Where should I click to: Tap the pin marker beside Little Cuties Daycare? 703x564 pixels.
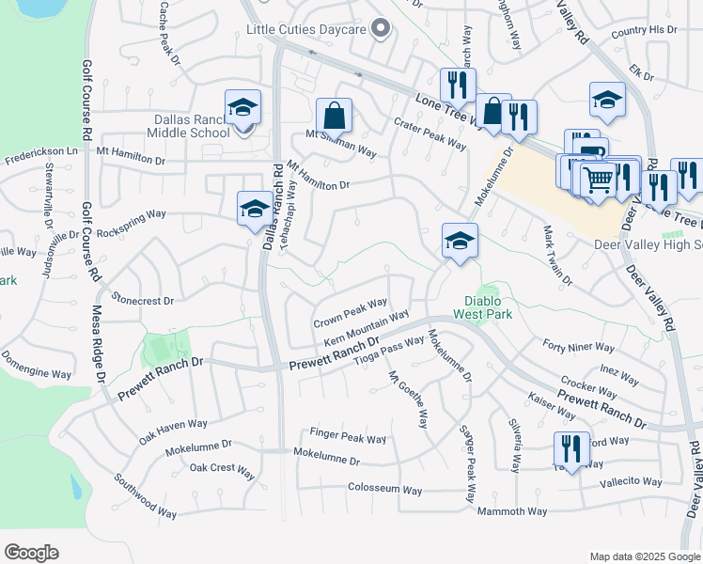coord(381,29)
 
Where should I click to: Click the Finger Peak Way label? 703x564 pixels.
coord(348,439)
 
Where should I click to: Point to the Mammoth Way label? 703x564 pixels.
coord(511,511)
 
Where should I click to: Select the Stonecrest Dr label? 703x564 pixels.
coord(143,301)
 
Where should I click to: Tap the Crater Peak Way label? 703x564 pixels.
coord(430,134)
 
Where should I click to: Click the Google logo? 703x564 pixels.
coord(31,553)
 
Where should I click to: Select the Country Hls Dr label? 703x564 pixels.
coord(643,30)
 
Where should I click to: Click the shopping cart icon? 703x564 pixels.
coord(598,179)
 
